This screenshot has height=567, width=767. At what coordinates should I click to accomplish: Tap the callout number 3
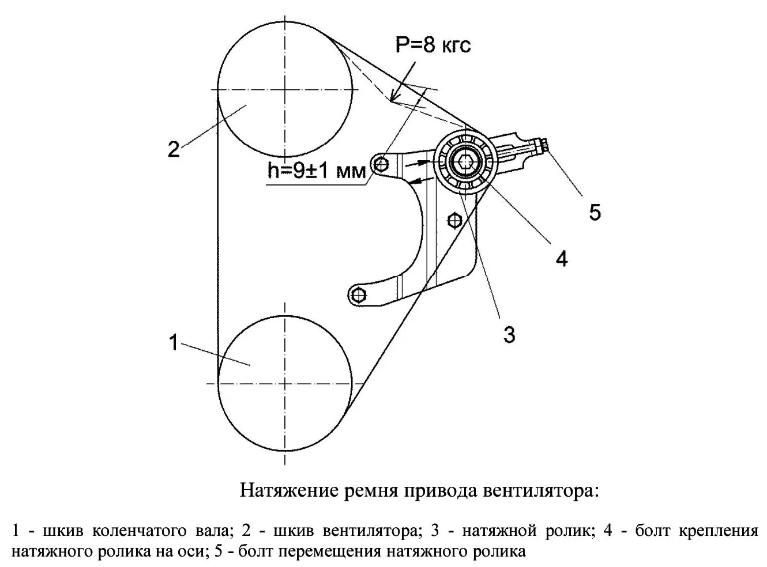tap(509, 334)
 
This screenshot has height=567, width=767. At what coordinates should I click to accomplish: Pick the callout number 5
tap(595, 212)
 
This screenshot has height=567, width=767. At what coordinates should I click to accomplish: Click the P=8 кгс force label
tap(433, 44)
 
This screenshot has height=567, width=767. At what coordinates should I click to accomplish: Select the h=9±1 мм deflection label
tap(317, 171)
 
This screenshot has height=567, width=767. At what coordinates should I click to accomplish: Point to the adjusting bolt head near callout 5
tap(542, 147)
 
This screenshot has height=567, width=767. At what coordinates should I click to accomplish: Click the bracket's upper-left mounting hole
tap(379, 166)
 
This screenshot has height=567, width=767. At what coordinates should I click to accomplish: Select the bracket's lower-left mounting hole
tap(359, 295)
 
